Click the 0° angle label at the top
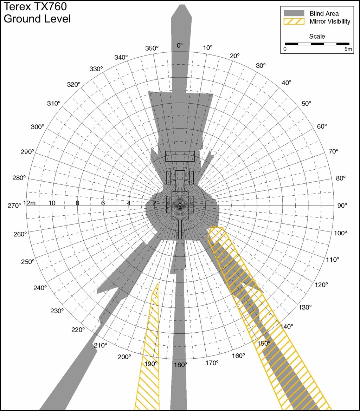(180, 45)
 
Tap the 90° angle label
(342, 205)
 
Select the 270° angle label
(14, 205)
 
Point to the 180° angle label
(180, 365)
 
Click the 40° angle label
(286, 83)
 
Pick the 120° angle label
(321, 285)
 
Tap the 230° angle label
(57, 311)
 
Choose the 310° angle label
(54, 103)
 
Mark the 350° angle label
(152, 48)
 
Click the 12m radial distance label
(30, 203)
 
